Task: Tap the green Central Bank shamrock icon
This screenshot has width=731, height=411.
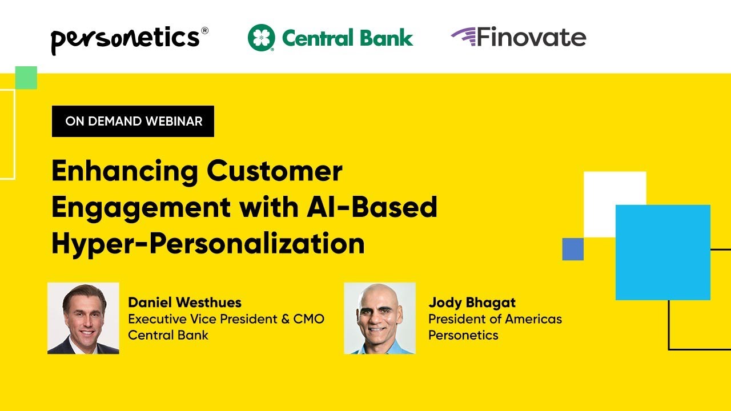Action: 262,38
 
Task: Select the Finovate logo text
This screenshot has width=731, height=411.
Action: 531,38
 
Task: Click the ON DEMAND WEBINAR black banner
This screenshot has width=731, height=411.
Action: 133,121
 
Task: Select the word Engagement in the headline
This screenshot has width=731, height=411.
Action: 141,208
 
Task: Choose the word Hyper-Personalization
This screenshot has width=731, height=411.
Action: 208,244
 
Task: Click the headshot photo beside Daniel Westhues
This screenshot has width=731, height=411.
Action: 83,318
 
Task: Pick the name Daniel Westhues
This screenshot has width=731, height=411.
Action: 184,303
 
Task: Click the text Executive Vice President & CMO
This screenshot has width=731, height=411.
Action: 226,319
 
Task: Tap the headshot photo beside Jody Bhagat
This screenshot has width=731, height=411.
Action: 380,318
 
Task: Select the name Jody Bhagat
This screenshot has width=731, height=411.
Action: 472,303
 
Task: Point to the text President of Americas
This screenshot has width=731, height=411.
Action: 495,319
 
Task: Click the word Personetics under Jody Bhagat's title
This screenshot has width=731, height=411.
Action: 463,335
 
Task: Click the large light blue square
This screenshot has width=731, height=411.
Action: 662,252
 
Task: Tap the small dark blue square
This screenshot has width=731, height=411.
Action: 573,249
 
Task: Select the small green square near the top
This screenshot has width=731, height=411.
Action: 26,78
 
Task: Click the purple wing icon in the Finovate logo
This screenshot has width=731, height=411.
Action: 463,35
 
